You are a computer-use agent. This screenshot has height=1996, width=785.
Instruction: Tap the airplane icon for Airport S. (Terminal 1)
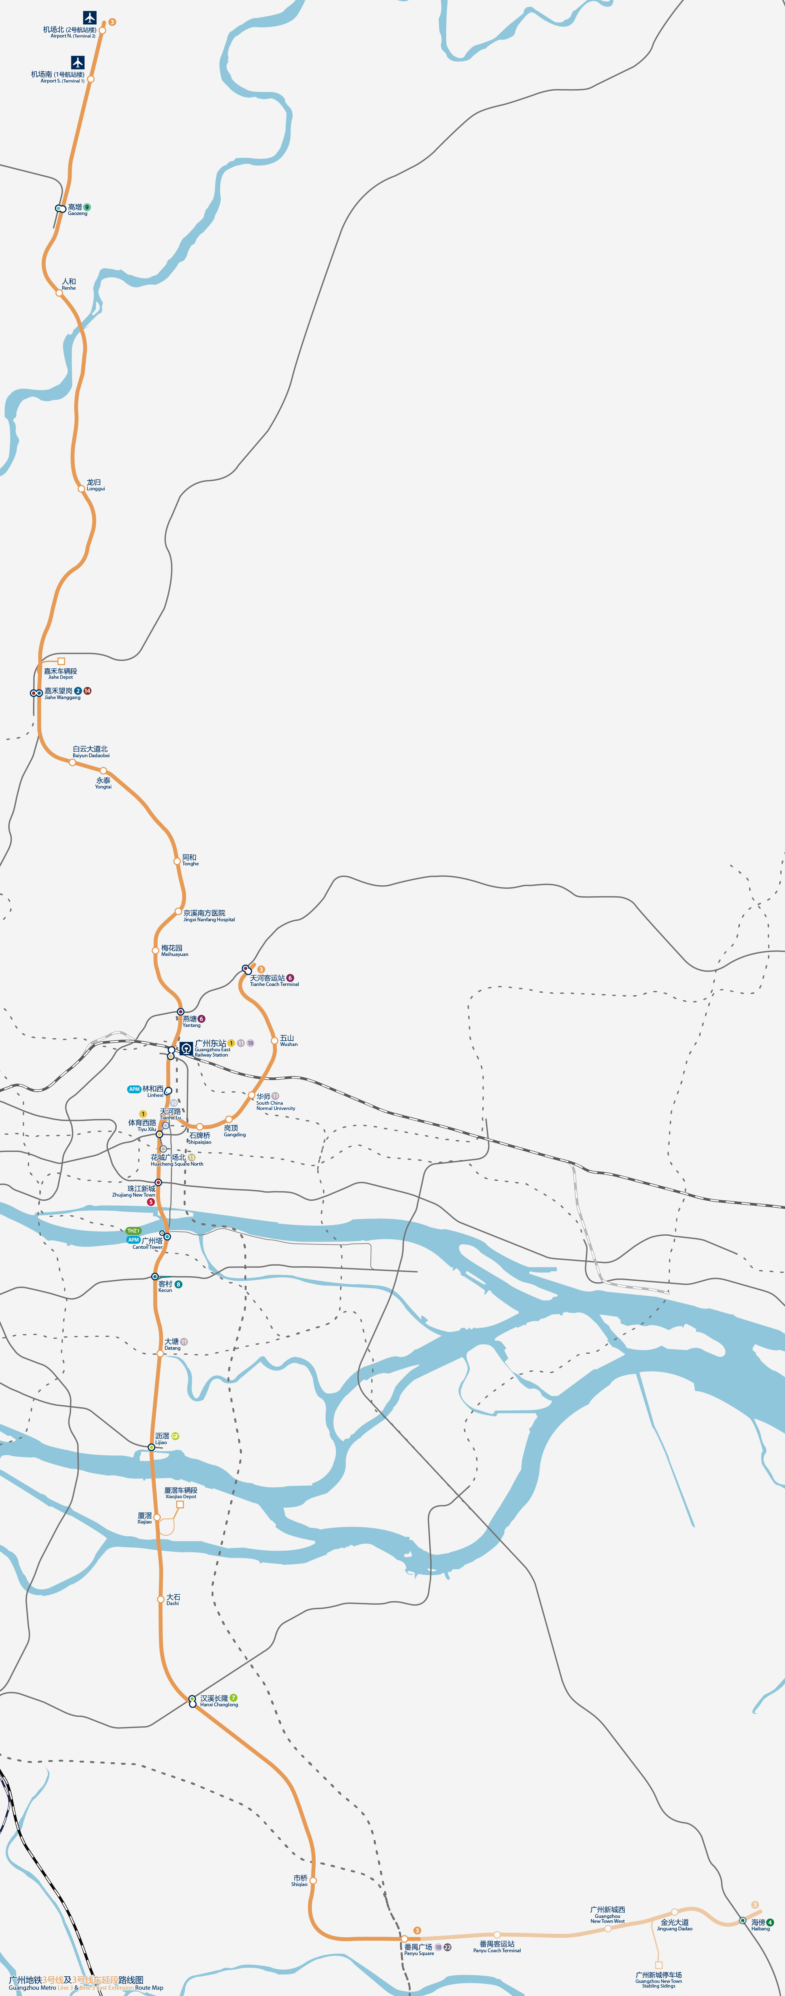(77, 62)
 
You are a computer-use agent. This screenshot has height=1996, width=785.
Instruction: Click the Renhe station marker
(59, 293)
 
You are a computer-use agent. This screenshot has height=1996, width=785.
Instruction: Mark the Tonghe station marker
(177, 861)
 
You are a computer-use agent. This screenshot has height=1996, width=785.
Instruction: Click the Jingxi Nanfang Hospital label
(208, 915)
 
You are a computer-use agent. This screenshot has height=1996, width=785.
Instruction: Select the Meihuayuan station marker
(155, 950)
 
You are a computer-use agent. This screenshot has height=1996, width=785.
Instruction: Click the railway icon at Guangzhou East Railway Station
(186, 1048)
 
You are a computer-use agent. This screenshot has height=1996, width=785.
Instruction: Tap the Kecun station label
(165, 1286)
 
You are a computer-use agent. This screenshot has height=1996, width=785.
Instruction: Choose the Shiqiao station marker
(313, 1880)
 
